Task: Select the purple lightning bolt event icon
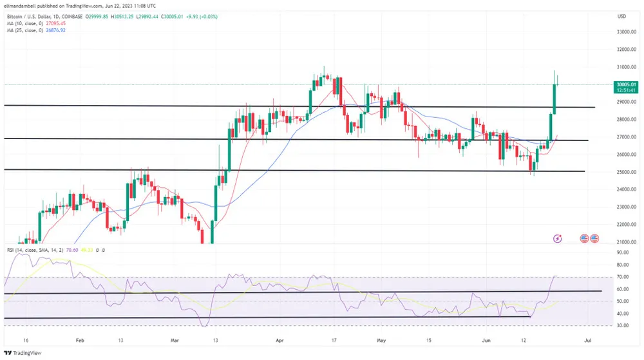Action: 558,238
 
